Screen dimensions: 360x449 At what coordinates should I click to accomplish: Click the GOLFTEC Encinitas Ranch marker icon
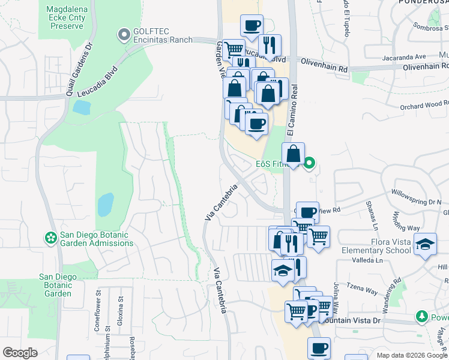[x=124, y=35]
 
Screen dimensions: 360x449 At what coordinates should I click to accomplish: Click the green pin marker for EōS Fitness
[x=309, y=163]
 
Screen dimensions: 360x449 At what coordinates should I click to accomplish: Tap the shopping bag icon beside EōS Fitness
[x=293, y=154]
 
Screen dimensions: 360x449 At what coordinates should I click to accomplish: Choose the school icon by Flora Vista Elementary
[x=426, y=245]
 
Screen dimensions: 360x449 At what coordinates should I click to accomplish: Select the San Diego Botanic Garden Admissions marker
[x=51, y=238]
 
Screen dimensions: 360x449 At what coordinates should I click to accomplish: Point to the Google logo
[x=20, y=353]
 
